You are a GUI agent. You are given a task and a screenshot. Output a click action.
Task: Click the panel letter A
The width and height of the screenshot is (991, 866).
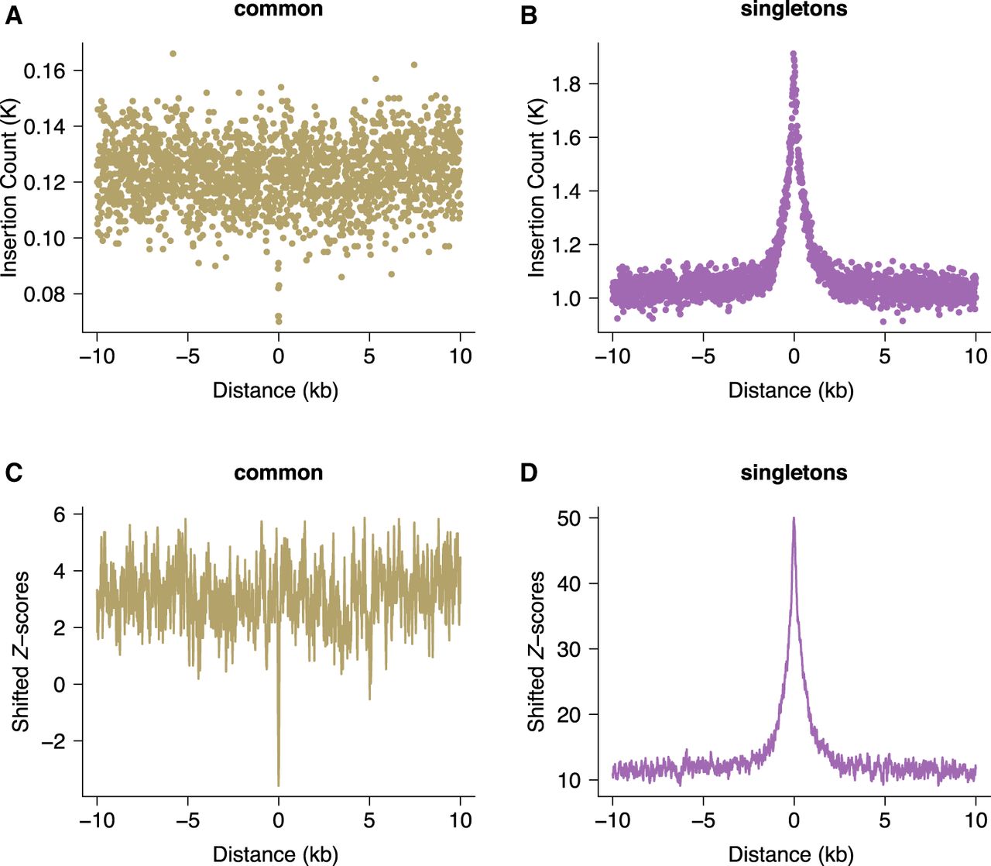click(x=13, y=15)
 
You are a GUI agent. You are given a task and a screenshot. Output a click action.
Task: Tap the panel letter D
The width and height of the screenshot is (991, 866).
click(x=530, y=473)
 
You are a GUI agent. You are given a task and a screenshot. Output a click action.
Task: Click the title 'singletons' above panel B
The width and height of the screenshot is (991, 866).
click(x=794, y=9)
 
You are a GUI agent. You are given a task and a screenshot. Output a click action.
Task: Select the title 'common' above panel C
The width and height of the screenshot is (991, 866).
click(x=278, y=473)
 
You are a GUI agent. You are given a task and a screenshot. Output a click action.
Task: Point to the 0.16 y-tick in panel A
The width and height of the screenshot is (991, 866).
click(x=45, y=71)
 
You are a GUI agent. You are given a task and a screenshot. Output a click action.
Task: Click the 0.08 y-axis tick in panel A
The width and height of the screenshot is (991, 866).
click(x=45, y=294)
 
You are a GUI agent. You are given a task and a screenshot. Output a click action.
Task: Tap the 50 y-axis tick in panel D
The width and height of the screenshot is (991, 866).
click(x=570, y=518)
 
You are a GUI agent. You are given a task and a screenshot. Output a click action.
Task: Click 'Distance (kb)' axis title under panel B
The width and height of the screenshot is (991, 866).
click(x=790, y=390)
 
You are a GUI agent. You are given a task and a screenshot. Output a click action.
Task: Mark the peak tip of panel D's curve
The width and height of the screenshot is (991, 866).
click(x=794, y=519)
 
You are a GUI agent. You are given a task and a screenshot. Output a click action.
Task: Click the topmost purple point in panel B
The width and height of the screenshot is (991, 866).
click(x=793, y=54)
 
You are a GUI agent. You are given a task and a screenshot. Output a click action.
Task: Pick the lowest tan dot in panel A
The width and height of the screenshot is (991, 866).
click(x=279, y=321)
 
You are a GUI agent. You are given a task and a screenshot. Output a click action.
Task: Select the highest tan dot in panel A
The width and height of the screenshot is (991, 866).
click(x=173, y=53)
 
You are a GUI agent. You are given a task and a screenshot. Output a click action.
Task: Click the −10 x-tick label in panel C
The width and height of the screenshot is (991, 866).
click(x=97, y=820)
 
